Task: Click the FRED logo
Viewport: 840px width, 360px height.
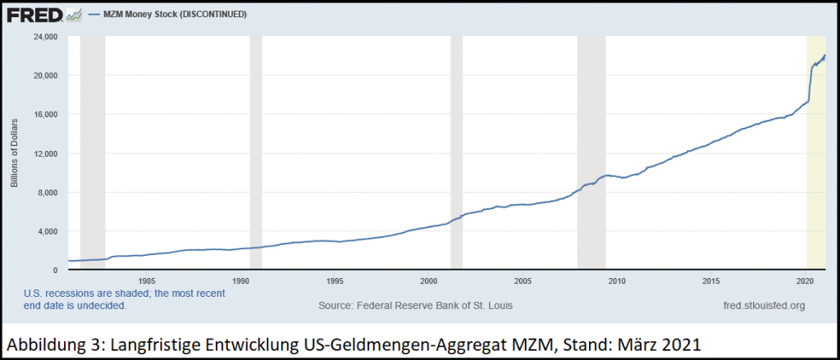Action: [x=34, y=15]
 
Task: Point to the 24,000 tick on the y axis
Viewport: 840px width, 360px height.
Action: [x=47, y=36]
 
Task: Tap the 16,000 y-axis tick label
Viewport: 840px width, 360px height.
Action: [x=47, y=114]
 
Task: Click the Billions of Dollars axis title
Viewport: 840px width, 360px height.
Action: [x=15, y=153]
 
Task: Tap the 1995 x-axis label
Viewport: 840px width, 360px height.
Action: [x=335, y=280]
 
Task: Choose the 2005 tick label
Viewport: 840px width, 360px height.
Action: [x=523, y=280]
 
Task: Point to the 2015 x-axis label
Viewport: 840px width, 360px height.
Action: [x=711, y=280]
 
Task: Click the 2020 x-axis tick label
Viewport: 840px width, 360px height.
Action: [x=806, y=280]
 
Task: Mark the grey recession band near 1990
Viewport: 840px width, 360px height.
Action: [x=256, y=153]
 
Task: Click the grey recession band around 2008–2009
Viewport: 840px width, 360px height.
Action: [x=591, y=153]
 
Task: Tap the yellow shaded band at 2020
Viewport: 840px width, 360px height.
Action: [x=816, y=153]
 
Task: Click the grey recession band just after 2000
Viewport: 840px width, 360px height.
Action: [x=456, y=153]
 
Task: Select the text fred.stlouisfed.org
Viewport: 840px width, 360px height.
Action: [x=765, y=306]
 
